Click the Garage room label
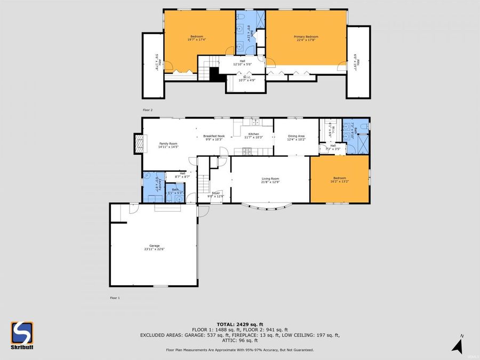(x=154, y=247)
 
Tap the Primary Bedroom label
(x=306, y=38)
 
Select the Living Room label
(x=270, y=180)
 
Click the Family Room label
(x=169, y=145)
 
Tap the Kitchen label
(x=253, y=135)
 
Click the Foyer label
(x=216, y=195)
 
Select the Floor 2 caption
(x=148, y=110)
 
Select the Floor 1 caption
(x=115, y=298)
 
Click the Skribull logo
(x=22, y=335)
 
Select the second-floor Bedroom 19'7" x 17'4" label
(x=197, y=38)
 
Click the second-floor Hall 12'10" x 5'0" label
(x=243, y=62)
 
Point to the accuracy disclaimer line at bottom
(x=239, y=350)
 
